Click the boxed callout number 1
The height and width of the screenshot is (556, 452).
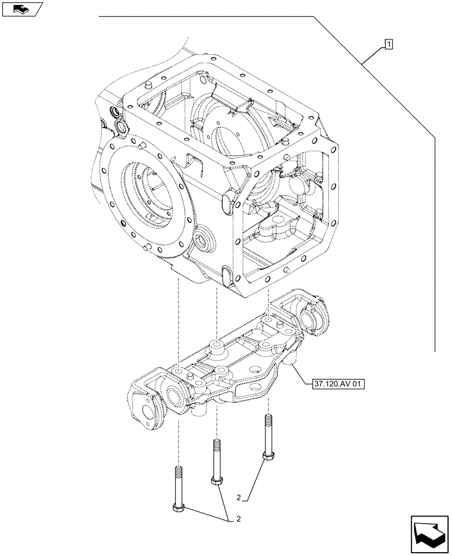[x=389, y=43]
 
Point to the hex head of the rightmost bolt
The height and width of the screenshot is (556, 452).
[x=268, y=456]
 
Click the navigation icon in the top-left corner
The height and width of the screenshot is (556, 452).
[x=22, y=9]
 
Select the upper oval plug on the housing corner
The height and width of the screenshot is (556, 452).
[x=228, y=202]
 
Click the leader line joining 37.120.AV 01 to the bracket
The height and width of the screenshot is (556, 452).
[x=299, y=375]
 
